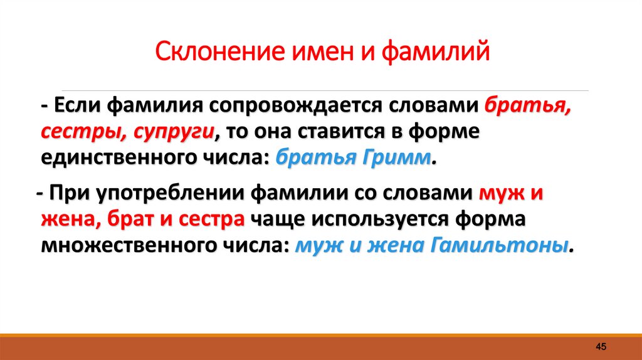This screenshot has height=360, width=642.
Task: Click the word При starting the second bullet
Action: [x=70, y=193]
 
